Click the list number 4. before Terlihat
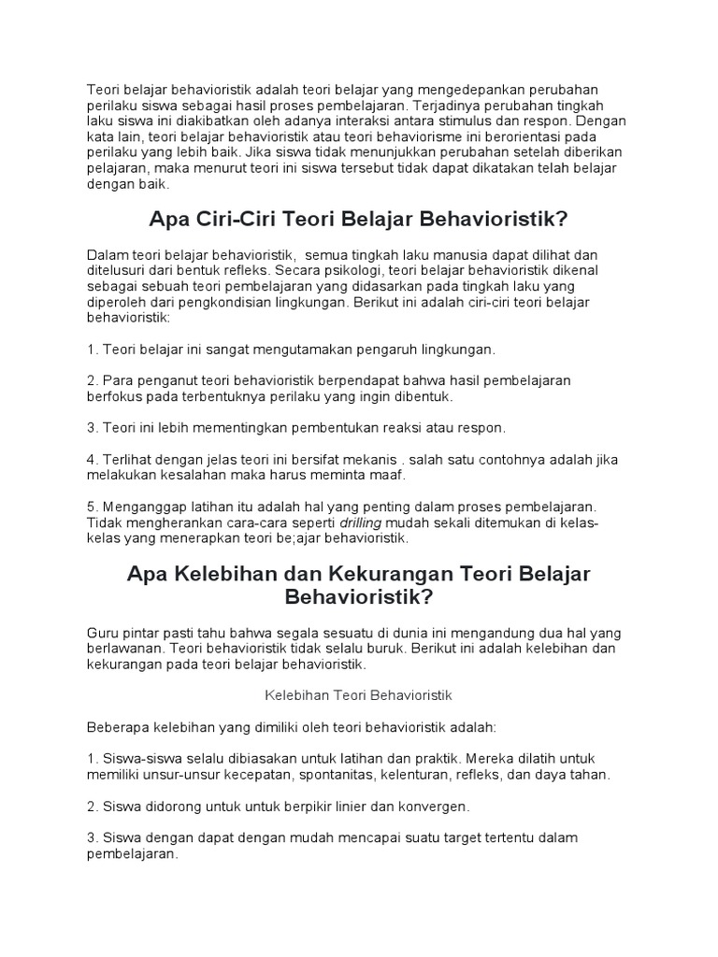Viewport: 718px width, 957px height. click(x=92, y=459)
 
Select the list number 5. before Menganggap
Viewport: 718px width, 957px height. click(x=92, y=507)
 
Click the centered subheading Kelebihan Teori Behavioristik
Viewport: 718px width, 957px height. click(x=359, y=694)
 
